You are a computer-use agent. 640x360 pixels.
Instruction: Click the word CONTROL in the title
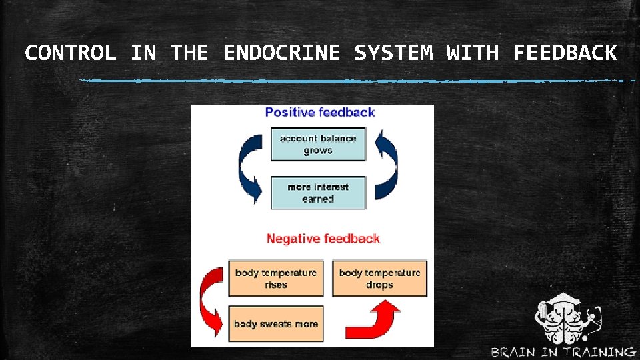point(70,53)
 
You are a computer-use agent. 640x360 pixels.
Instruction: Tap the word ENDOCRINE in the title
point(281,53)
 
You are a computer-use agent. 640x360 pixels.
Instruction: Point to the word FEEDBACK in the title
point(565,53)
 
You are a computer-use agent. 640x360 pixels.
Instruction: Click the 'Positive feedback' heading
point(320,112)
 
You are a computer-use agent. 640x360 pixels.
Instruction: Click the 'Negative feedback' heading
point(323,238)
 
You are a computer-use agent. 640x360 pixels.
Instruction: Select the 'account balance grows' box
point(318,144)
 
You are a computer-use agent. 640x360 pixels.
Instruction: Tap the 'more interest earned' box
point(318,193)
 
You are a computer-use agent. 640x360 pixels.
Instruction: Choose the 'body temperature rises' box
point(276,279)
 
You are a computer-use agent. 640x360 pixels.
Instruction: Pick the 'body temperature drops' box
point(379,279)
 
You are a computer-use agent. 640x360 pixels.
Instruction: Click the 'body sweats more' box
point(276,324)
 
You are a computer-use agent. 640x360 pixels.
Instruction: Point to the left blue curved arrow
point(251,167)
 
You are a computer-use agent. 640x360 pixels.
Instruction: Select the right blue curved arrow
point(387,165)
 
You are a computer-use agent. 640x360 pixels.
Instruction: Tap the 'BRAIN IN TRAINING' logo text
point(563,351)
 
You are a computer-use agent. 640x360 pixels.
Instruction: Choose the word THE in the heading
point(189,53)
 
